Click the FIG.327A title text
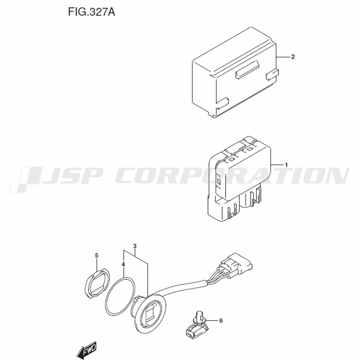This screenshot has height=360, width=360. (91, 12)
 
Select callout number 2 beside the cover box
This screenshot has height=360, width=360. (293, 57)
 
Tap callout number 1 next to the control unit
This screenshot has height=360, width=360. (286, 165)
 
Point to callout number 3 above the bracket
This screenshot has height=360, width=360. (135, 246)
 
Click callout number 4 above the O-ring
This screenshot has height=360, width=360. (123, 265)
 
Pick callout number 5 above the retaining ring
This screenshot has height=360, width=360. (96, 256)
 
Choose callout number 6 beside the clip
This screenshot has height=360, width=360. (221, 320)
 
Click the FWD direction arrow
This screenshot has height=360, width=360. (86, 350)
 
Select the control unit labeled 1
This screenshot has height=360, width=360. (239, 179)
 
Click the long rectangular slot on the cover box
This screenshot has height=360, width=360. (247, 70)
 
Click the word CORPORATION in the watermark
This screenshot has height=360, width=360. (232, 176)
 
